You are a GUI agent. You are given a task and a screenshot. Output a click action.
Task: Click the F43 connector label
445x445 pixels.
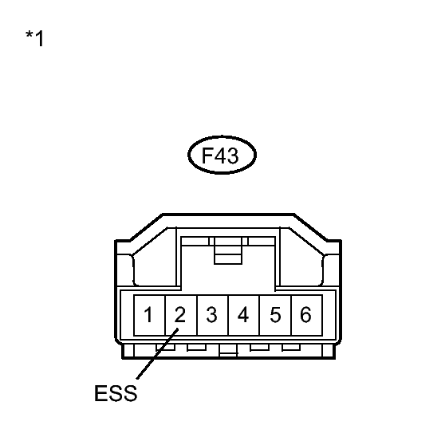point(222,155)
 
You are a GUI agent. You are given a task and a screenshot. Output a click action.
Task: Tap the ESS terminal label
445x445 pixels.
point(116,393)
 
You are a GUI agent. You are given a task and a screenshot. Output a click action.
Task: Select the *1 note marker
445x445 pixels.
point(34,38)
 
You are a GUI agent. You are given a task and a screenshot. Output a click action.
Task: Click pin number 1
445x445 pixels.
point(148,315)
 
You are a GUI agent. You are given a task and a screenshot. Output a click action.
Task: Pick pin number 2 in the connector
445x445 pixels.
point(180,315)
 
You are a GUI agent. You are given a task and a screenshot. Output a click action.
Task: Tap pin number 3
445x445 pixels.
point(211,315)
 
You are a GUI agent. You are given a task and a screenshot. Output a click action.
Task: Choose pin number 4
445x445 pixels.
point(243,315)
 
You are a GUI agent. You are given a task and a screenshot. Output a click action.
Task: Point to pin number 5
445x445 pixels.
point(275,315)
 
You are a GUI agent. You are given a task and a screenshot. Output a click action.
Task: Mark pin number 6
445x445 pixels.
point(305,315)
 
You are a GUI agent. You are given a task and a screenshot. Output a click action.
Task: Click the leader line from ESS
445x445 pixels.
point(158,353)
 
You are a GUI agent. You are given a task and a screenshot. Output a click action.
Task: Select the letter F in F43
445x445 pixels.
point(207,156)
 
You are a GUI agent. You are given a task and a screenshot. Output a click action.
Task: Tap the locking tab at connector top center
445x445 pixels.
point(228,250)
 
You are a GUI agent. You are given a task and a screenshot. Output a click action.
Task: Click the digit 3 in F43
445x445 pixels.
point(233,156)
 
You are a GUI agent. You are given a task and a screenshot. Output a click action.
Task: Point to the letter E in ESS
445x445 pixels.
point(100,393)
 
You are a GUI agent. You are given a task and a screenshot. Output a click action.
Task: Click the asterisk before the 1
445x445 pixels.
point(30,35)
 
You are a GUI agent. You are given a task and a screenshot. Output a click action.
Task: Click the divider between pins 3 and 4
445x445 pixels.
point(228,315)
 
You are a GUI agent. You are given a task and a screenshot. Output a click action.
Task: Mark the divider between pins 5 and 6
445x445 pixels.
point(291,315)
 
